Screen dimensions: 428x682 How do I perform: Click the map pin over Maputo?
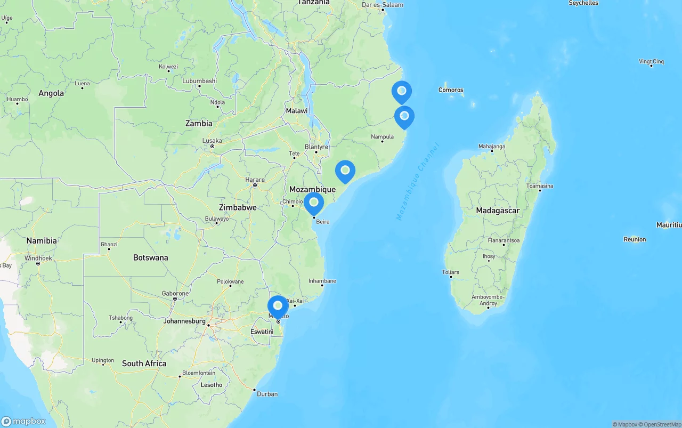pos(278,306)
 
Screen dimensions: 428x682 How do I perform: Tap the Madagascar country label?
pos(498,211)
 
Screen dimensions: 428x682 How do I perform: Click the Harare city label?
pos(255,180)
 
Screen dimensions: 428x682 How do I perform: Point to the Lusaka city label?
pos(212,141)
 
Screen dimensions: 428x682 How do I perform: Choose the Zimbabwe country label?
pos(238,207)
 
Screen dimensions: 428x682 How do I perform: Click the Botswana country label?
pos(150,257)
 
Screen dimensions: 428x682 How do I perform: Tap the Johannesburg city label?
pos(184,321)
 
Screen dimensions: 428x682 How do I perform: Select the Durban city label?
pos(267,394)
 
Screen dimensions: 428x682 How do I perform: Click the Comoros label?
pos(451,90)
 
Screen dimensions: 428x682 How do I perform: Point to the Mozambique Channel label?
pos(417,181)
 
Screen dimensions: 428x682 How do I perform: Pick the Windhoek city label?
pos(38,258)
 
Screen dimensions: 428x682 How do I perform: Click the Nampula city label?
pos(382,137)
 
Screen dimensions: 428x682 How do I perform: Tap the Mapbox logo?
pos(23,421)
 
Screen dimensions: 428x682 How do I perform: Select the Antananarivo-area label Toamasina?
pos(540,186)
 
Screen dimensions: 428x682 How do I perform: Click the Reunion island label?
pos(635,239)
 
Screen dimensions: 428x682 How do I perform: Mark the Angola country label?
pos(51,93)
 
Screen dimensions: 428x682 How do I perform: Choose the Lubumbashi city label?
pos(199,81)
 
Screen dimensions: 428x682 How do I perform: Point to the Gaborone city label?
pos(175,294)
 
